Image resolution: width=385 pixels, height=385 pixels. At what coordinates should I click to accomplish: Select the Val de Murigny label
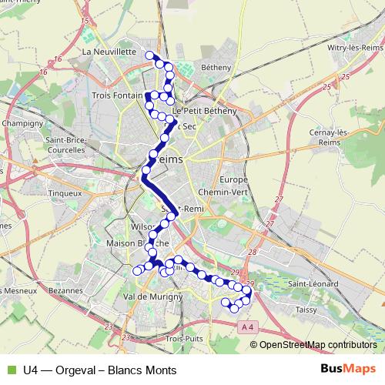pyautogui.click(x=152, y=296)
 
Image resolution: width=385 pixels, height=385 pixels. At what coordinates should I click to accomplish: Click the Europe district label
pyautogui.click(x=233, y=179)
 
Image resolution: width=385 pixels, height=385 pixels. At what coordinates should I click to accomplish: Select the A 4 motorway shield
pyautogui.click(x=246, y=328)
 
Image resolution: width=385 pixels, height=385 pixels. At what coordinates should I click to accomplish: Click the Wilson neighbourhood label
pyautogui.click(x=144, y=227)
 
